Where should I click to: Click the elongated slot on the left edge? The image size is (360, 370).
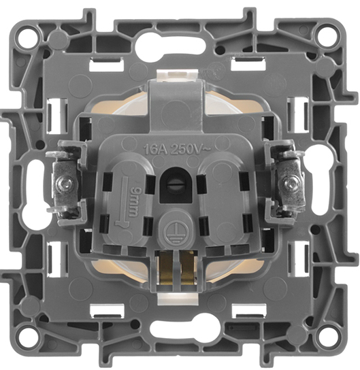click(x=32, y=184)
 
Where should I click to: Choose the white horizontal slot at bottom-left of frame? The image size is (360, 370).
click(x=113, y=309)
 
